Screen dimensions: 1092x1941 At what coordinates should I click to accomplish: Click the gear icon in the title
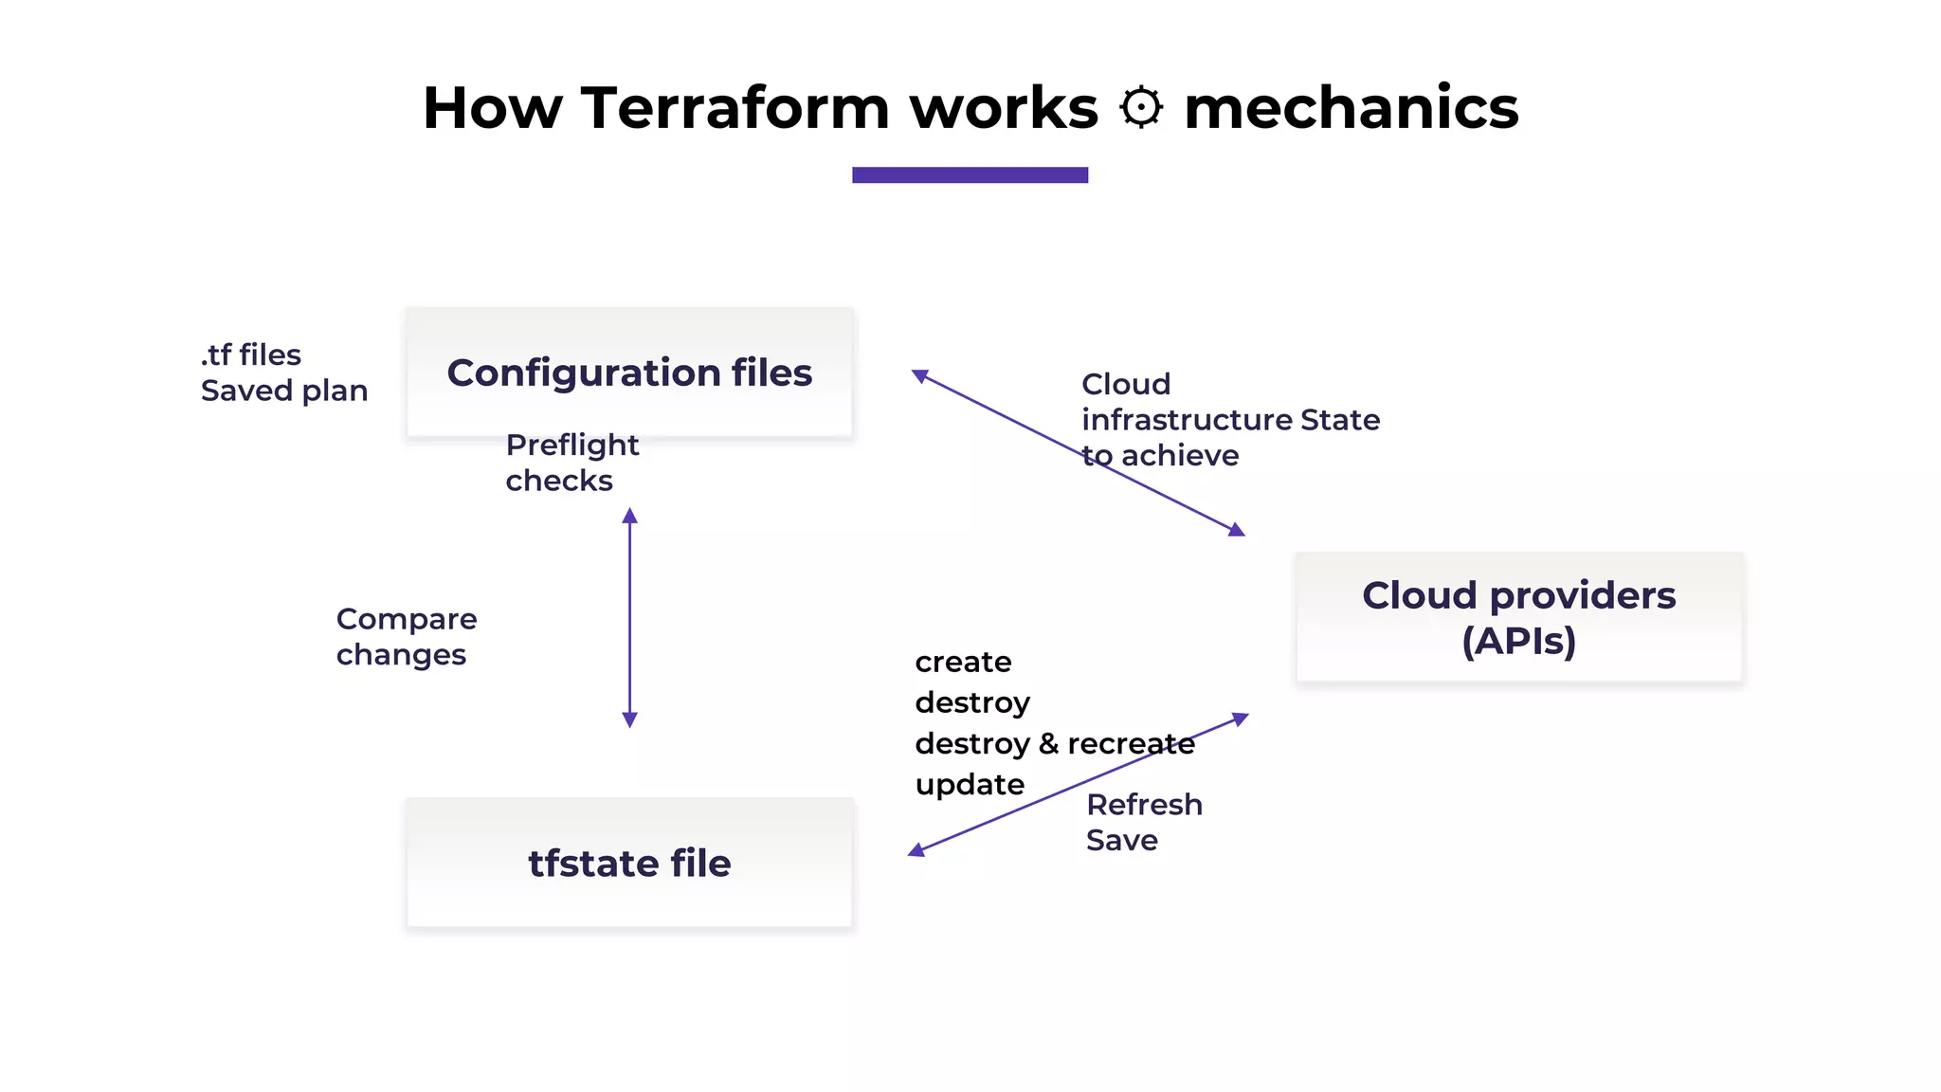click(x=1140, y=107)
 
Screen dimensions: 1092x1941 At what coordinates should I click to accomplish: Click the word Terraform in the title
click(x=735, y=107)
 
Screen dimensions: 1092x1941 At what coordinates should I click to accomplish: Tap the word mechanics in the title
click(x=1351, y=107)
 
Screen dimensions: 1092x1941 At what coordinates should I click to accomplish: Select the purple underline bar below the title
click(x=970, y=174)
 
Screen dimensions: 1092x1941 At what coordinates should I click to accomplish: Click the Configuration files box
click(x=629, y=373)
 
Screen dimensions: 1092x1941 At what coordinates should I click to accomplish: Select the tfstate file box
click(x=629, y=864)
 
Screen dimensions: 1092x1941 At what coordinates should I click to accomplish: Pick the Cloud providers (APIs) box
click(x=1518, y=617)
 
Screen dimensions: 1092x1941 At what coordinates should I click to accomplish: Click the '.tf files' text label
click(x=250, y=355)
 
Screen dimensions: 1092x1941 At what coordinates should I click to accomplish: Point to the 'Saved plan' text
click(x=283, y=391)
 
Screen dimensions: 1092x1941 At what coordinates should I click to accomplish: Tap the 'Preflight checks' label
click(x=571, y=463)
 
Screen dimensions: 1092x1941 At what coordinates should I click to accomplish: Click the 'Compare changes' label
click(x=406, y=636)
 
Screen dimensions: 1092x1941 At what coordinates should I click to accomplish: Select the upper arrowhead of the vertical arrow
click(x=629, y=517)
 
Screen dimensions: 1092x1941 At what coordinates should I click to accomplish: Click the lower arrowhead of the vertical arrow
click(x=629, y=719)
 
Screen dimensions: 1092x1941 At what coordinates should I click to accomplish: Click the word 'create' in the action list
click(x=963, y=662)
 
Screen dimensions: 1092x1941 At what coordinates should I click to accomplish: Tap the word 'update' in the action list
click(x=970, y=784)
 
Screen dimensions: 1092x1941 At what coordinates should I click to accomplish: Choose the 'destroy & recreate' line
click(x=1054, y=743)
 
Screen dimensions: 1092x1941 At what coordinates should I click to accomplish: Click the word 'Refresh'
click(x=1144, y=805)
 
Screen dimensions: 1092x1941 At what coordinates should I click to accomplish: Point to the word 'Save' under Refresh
click(x=1121, y=840)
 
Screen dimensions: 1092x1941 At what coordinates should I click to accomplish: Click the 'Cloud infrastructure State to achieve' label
click(x=1229, y=419)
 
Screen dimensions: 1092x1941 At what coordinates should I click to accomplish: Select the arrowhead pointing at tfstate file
click(x=916, y=850)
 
